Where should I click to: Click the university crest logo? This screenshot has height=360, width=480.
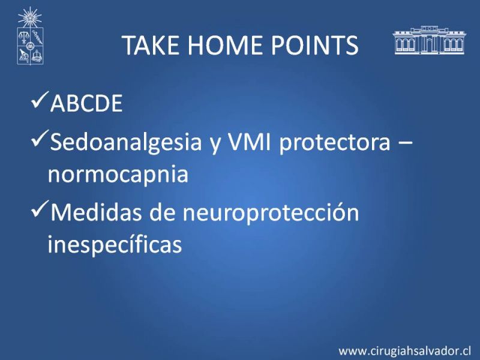[30, 36]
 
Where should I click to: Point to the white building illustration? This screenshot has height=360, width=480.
[429, 40]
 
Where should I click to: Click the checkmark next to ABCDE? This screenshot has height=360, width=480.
[40, 100]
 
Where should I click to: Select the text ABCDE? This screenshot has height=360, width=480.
[86, 103]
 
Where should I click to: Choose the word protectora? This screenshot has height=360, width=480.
[335, 143]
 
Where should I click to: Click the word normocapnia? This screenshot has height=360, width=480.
[118, 175]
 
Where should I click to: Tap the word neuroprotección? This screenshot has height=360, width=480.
[271, 212]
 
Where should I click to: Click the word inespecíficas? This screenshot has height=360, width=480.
[115, 244]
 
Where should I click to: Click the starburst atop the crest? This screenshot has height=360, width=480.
[29, 17]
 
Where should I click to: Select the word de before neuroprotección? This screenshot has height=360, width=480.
[162, 212]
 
